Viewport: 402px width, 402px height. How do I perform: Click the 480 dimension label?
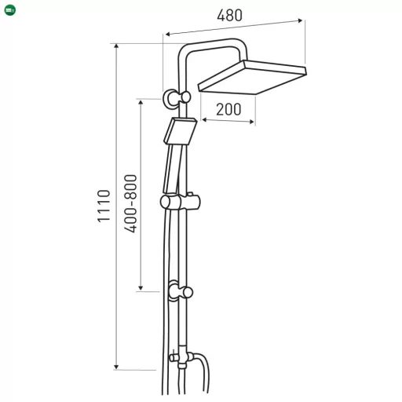pyautogui.click(x=229, y=16)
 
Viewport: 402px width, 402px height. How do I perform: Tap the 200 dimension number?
pyautogui.click(x=228, y=109)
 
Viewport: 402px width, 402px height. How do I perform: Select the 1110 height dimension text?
pyautogui.click(x=104, y=206)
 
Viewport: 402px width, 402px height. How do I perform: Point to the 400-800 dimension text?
pyautogui.click(x=130, y=203)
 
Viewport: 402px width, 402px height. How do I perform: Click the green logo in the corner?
pyautogui.click(x=10, y=10)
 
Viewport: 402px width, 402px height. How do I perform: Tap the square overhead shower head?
pyautogui.click(x=252, y=77)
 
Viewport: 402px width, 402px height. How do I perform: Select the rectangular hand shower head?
pyautogui.click(x=181, y=131)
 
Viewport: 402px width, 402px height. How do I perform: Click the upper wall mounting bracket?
pyautogui.click(x=177, y=98)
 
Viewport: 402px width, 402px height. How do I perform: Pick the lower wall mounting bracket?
pyautogui.click(x=181, y=291)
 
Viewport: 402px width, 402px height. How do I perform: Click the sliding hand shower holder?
pyautogui.click(x=180, y=202)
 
